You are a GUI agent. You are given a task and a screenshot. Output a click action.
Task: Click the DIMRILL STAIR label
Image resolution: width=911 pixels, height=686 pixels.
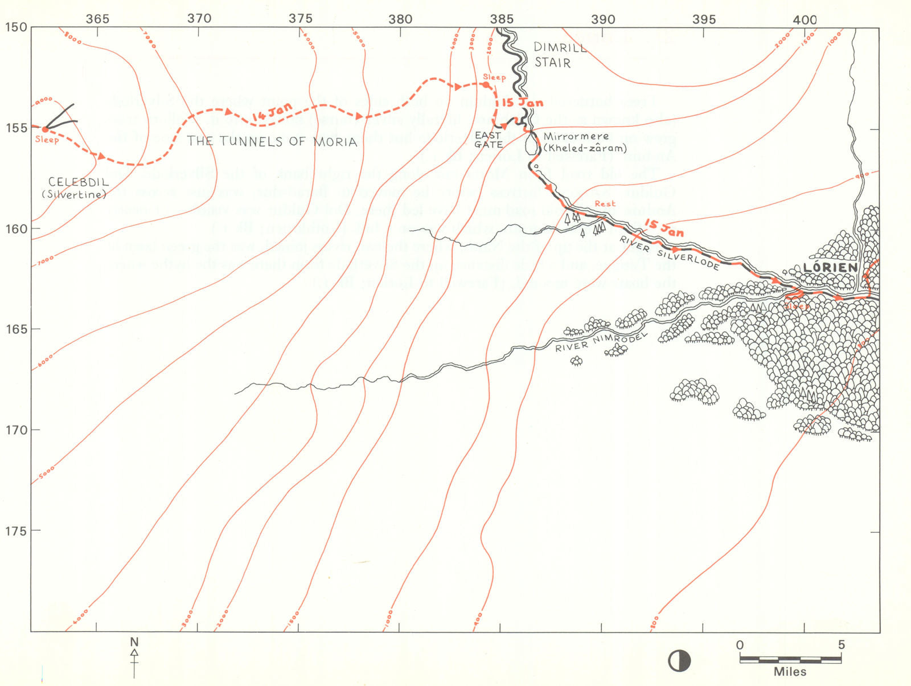(x=559, y=55)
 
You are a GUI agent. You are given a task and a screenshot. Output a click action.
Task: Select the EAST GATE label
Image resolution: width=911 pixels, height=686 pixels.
(x=489, y=140)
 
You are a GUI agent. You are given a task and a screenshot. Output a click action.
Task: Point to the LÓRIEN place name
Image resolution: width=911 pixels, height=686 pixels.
(x=830, y=267)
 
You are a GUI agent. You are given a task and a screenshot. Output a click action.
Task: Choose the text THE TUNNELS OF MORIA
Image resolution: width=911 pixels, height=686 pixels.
(x=272, y=141)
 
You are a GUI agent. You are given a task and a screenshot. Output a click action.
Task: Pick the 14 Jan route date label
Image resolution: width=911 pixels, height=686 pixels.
(x=272, y=112)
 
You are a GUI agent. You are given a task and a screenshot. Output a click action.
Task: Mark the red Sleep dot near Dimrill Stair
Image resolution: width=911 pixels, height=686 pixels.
(x=486, y=85)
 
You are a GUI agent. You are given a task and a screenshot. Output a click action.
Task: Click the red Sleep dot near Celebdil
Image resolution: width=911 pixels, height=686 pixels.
(x=45, y=130)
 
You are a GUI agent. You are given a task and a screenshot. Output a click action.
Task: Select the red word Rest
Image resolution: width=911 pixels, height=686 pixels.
(x=605, y=203)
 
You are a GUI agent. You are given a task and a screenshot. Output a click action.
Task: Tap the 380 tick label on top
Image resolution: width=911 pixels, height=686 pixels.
(x=400, y=19)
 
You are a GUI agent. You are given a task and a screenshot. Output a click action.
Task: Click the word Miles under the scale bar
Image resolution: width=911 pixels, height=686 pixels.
(x=790, y=672)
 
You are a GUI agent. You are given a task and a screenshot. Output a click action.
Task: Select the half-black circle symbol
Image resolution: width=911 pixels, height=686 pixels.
(x=679, y=661)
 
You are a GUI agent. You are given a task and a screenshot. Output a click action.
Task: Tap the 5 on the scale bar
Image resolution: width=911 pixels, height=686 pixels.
(x=841, y=646)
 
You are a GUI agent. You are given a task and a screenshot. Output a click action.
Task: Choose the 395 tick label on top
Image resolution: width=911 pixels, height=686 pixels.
(x=704, y=19)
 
